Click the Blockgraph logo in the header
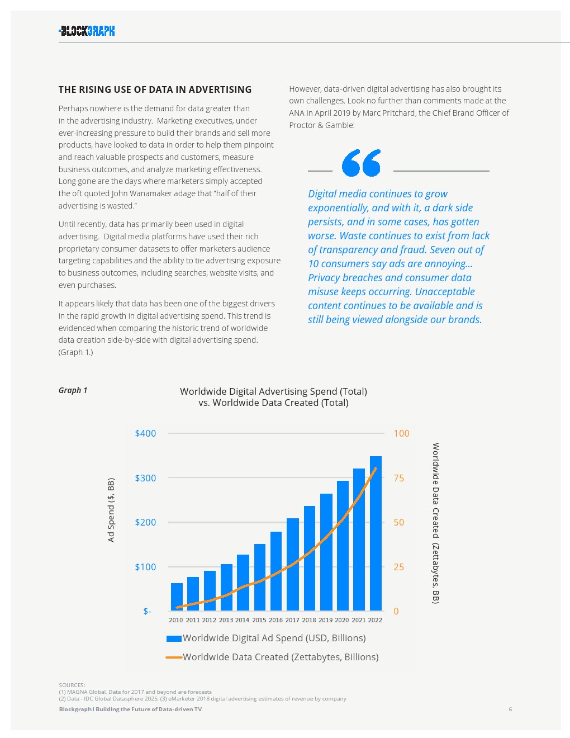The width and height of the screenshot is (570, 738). [87, 31]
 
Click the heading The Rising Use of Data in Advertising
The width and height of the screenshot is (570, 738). [155, 89]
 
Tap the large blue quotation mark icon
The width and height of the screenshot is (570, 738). [361, 163]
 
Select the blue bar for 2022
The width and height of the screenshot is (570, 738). [376, 533]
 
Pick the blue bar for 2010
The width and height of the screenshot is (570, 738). [177, 597]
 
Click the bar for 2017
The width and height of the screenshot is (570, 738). [293, 564]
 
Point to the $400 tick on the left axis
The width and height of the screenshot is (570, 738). [145, 433]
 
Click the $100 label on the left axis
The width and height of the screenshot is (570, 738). [145, 567]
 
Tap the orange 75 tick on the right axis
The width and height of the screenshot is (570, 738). [398, 478]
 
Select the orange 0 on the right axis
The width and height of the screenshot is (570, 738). [396, 611]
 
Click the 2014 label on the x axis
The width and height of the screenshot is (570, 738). [242, 620]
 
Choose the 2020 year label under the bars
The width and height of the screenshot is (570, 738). [342, 620]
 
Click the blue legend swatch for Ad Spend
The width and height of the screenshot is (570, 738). [174, 638]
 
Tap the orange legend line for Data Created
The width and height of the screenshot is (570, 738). [174, 657]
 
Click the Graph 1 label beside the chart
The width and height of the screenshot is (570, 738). [73, 390]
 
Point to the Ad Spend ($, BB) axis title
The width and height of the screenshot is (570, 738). [111, 510]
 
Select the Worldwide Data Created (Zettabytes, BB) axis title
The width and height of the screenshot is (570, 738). [436, 523]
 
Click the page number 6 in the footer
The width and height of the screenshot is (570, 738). [510, 709]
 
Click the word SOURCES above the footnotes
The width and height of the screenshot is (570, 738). [72, 685]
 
